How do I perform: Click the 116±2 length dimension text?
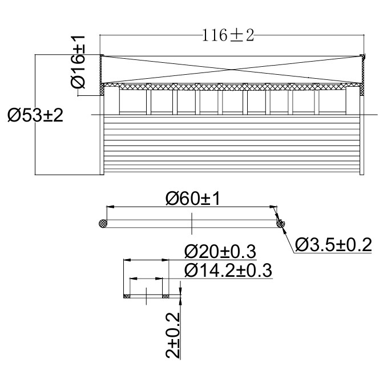[228, 35]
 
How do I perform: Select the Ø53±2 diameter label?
[35, 115]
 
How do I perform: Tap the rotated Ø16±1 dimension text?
[78, 62]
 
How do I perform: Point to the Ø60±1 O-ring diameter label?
[193, 199]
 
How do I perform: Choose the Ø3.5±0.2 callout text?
[333, 245]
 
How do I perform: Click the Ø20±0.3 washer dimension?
[220, 252]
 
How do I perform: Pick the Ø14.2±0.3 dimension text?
[228, 271]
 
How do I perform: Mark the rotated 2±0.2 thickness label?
[173, 336]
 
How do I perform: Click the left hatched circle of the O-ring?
[103, 223]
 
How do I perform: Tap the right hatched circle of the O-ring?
[280, 223]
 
